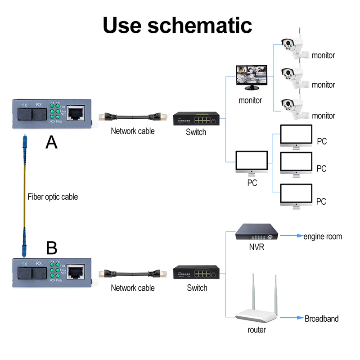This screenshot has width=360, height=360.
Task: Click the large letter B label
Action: click(52, 248)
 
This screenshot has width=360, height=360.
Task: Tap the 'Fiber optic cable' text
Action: click(53, 197)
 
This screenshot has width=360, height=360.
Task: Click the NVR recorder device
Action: click(257, 233)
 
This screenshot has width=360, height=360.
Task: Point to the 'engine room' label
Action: click(323, 237)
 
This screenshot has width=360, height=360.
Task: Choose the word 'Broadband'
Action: click(321, 319)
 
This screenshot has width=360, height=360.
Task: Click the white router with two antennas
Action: click(256, 306)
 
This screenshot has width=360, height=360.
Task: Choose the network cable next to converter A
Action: click(133, 118)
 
